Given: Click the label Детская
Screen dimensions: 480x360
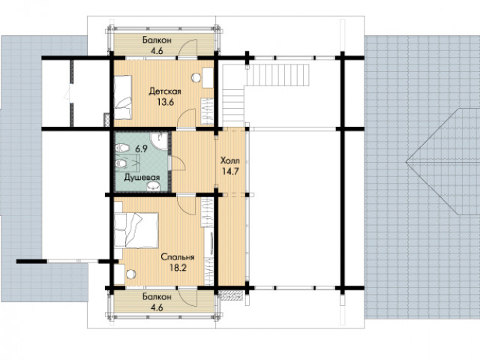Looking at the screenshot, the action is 165,91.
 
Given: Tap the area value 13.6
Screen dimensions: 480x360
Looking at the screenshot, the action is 166,102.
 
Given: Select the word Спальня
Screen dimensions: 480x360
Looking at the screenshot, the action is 178,257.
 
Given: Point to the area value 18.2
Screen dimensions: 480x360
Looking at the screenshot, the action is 178,268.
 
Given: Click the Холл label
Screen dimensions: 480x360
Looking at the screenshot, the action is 230,160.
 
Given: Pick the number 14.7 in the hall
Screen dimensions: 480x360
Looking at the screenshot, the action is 230,172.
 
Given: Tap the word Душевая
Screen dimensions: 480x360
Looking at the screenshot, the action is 142,178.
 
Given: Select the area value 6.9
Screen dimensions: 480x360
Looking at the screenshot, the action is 142,149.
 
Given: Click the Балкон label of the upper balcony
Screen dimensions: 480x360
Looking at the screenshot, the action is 157,40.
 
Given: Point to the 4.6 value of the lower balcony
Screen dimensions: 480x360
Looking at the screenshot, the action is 157,307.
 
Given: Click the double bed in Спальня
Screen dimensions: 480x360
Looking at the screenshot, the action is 136,230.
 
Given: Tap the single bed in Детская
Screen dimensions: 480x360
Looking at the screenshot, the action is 123,97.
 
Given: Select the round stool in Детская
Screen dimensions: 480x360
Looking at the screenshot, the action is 196,78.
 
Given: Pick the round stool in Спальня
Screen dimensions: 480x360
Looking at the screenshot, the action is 131,274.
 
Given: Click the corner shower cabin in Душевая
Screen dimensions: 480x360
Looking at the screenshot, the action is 160,141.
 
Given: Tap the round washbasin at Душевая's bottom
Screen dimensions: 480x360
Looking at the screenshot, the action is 153,186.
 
